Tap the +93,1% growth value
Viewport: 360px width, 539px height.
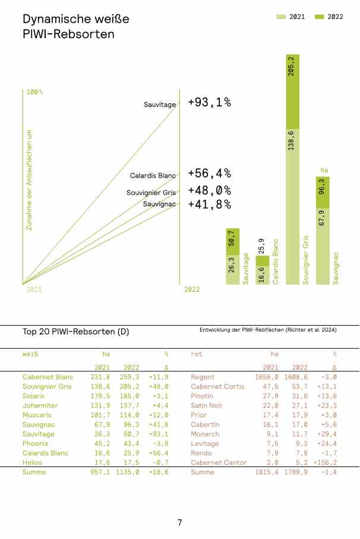click(209, 103)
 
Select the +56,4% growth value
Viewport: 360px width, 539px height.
click(209, 174)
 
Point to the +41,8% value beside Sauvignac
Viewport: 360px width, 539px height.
click(209, 204)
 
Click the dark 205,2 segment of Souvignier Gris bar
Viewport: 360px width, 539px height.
click(292, 90)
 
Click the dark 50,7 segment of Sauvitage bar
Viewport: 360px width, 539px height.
click(232, 242)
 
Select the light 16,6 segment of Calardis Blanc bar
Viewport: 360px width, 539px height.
click(262, 275)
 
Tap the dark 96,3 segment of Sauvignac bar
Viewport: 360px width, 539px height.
click(322, 192)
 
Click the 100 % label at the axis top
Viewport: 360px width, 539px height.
click(34, 92)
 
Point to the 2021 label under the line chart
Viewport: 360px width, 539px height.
click(34, 289)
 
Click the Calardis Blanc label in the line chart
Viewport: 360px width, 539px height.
click(153, 176)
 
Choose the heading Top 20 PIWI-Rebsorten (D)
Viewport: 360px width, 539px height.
click(76, 330)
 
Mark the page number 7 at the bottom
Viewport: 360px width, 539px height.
click(179, 523)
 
